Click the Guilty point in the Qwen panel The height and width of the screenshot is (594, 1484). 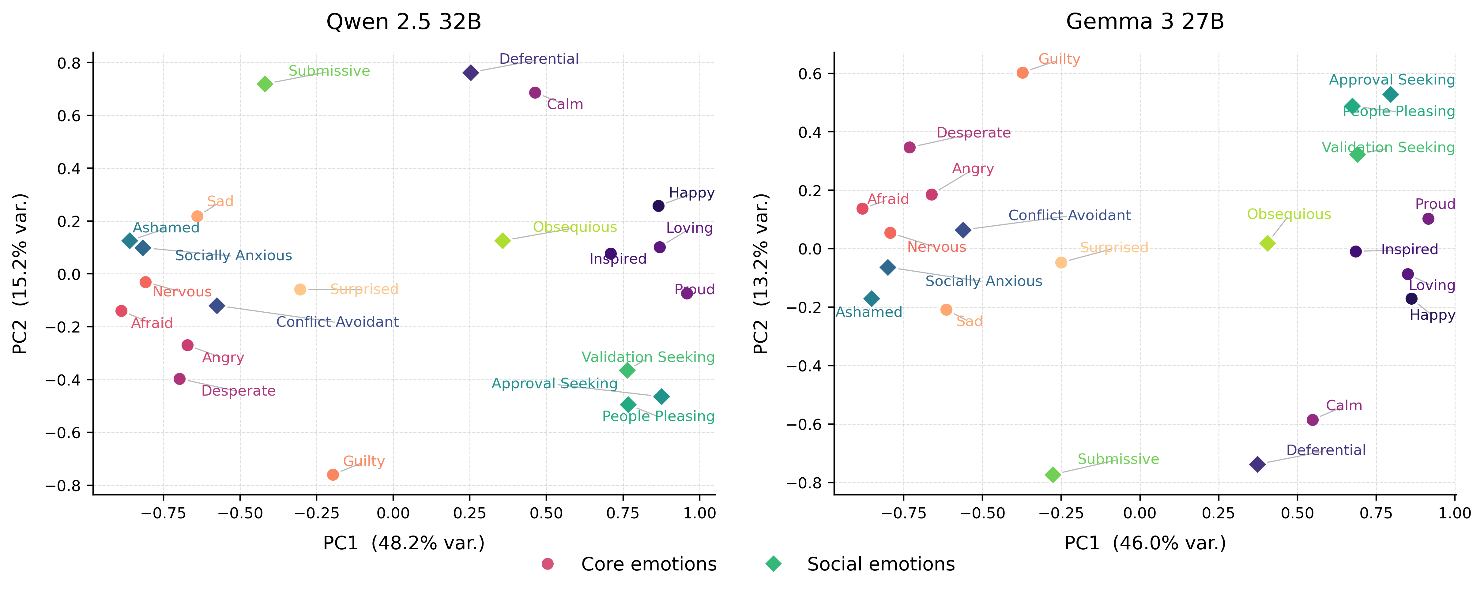(x=333, y=475)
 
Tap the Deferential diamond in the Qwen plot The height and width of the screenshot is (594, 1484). (x=471, y=73)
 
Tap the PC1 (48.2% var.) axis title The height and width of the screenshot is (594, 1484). (x=404, y=543)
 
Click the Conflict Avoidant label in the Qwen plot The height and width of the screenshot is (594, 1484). (x=337, y=321)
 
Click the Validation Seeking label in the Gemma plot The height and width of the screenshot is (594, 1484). (x=1388, y=148)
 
